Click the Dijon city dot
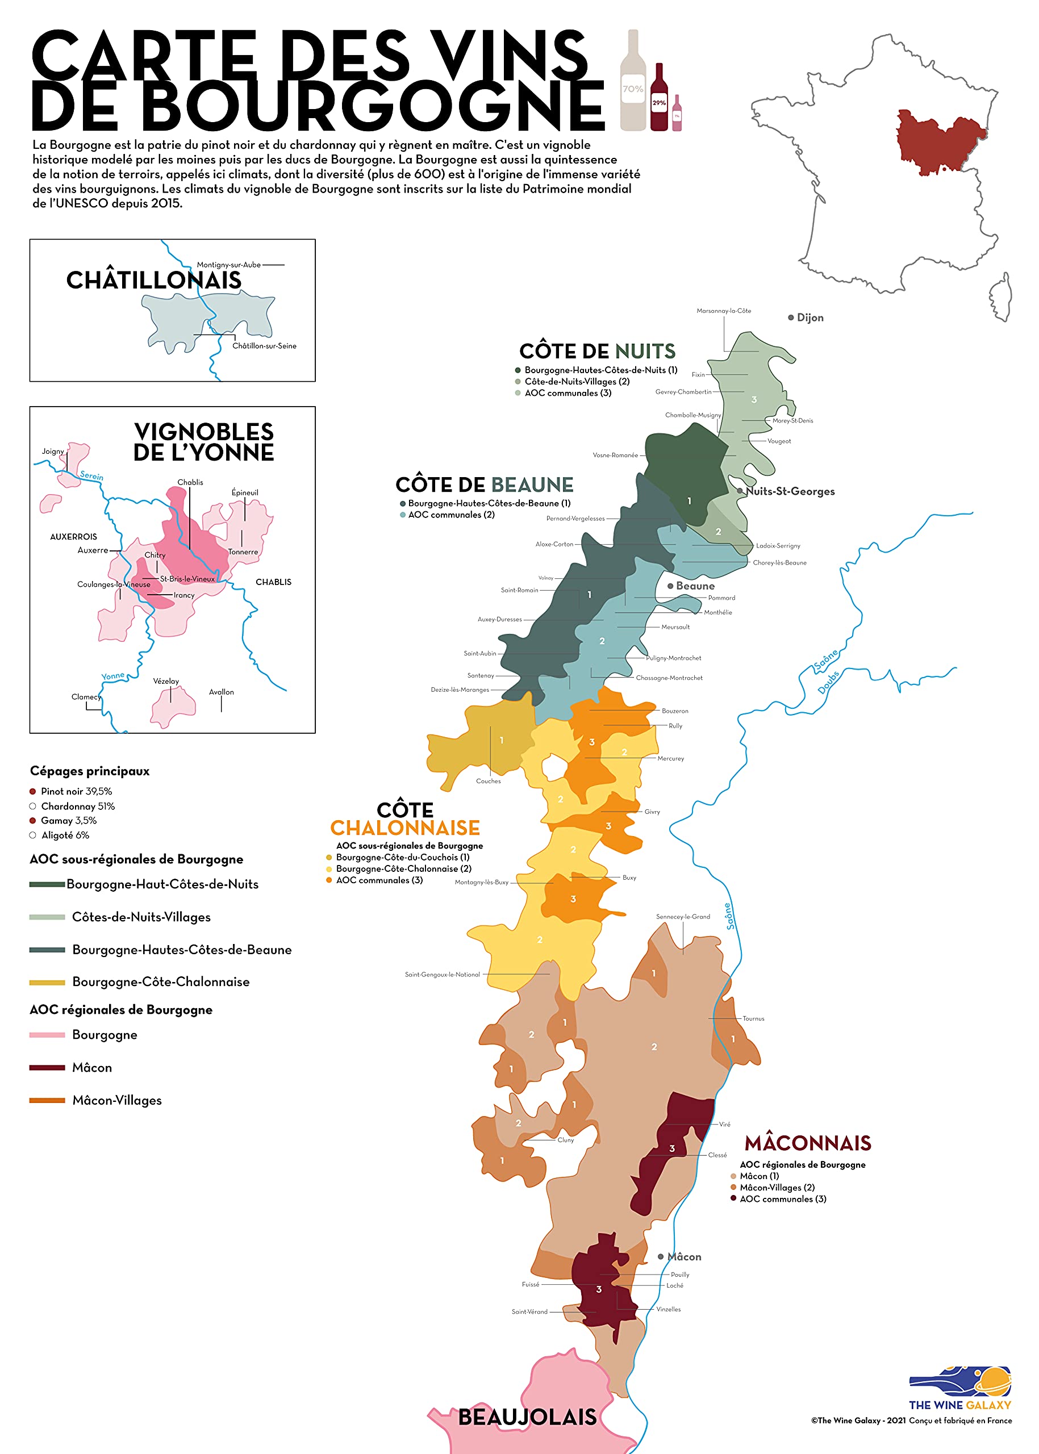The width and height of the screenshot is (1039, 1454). coord(791,317)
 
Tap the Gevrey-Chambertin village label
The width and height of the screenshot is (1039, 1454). coord(683,391)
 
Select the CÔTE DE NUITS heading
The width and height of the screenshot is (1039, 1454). coord(597,351)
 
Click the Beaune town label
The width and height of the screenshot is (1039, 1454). coord(695,586)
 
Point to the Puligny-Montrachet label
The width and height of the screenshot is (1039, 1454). coord(673,658)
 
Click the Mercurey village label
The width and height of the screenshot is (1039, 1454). coord(670,758)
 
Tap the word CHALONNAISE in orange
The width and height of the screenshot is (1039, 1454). coord(404,828)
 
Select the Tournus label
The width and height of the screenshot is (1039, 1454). coord(753,1018)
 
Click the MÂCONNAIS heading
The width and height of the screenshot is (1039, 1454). coord(807,1143)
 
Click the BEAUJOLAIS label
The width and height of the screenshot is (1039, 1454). coord(527,1417)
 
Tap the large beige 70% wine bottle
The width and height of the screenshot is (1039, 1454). coord(633,83)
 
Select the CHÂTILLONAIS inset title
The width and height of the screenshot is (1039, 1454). coord(153,280)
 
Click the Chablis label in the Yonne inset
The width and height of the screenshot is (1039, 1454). coord(190,482)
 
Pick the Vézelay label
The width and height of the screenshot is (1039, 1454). coord(166,680)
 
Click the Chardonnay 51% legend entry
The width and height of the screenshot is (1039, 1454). coord(77,806)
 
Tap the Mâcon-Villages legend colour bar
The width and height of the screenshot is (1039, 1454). coord(47,1100)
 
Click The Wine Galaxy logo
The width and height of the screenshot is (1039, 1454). coord(959,1388)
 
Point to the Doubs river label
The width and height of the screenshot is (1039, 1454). coord(828,683)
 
